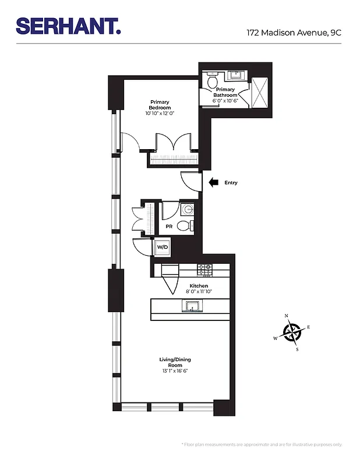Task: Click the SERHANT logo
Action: (x=68, y=26)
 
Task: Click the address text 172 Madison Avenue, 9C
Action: (x=294, y=33)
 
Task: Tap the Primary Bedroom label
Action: (x=160, y=105)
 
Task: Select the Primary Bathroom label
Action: (x=225, y=92)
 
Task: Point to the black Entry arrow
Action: (x=213, y=182)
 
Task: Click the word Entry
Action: (x=231, y=183)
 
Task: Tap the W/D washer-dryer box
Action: (x=161, y=248)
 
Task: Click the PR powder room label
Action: (x=169, y=225)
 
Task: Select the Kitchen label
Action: (x=199, y=286)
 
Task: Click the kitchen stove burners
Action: (x=204, y=270)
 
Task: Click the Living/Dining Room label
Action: (x=175, y=362)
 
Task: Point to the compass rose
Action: (x=291, y=333)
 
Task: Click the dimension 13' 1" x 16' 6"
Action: (x=175, y=371)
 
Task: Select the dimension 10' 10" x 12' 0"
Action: (x=160, y=114)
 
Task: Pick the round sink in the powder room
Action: (x=188, y=210)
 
